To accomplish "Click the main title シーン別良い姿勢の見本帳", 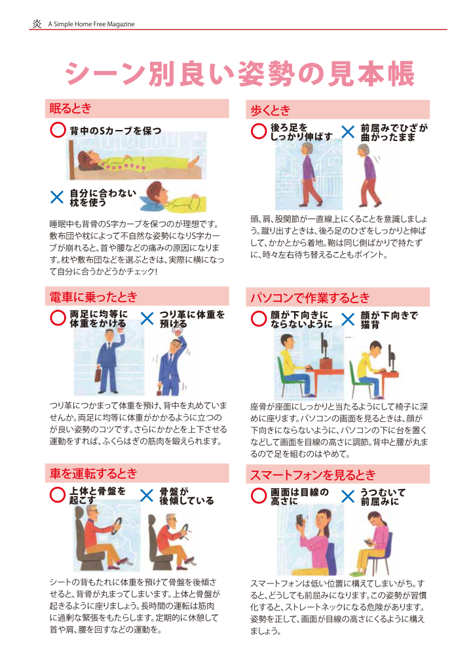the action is tap(240, 73).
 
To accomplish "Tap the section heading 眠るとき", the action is tap(70, 108).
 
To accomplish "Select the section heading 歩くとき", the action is tap(271, 110).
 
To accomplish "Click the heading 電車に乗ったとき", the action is tap(93, 297).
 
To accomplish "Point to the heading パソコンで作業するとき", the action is tap(310, 297).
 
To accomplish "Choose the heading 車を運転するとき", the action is tap(93, 473).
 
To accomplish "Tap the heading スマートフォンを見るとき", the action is tap(312, 474).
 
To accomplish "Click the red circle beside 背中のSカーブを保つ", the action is tap(58, 130).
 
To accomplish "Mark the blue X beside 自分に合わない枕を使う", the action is tap(57, 197).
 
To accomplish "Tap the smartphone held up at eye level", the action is tap(299, 519).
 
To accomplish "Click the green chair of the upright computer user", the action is tap(284, 375).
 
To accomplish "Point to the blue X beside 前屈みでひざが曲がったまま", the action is tap(348, 131).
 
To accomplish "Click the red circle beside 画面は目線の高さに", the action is tap(259, 496).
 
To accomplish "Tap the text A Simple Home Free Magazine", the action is tap(91, 24).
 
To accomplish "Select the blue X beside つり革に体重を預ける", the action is tap(147, 318).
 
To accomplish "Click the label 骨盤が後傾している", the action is tap(187, 496).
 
